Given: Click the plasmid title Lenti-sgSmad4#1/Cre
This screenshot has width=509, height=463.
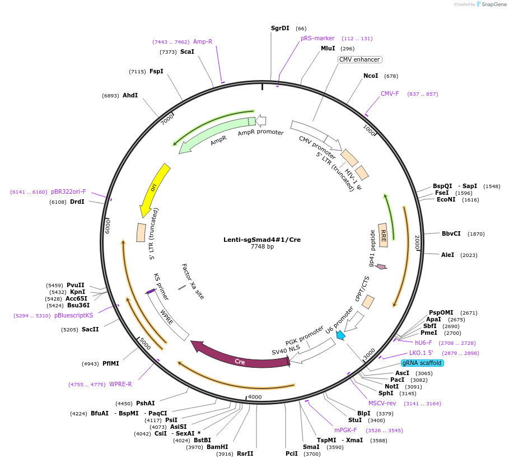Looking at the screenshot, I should pos(262,240).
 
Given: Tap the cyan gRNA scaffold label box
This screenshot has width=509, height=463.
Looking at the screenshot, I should pos(422,363).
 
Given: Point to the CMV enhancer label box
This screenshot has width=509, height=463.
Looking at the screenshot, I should pos(359,59).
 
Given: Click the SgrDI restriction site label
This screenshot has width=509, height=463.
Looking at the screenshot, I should pos(280,28).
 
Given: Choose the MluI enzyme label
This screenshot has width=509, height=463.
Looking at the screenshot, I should pos(328,49).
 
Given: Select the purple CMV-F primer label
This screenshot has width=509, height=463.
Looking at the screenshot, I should pos(390,94).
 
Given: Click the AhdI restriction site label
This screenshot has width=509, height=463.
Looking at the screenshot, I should pos(130,96).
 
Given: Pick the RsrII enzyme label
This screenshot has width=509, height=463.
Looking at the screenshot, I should pos(245,453).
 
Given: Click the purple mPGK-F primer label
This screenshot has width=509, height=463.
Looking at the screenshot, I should pos(345,430).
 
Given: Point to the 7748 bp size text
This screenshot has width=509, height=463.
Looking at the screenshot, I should pos(262,247).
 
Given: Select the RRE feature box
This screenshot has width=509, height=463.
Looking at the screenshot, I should pos(384,235).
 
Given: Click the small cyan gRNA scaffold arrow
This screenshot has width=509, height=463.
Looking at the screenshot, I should pos(340,335).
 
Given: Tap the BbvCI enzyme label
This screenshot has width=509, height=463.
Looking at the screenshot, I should pos(451,233).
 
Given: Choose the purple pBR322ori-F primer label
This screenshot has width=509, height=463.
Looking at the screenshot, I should pos(68,191).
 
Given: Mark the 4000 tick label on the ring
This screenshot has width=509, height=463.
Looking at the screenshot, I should pos(255,397).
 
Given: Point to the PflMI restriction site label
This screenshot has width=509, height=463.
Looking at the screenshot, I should pos(110,363).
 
